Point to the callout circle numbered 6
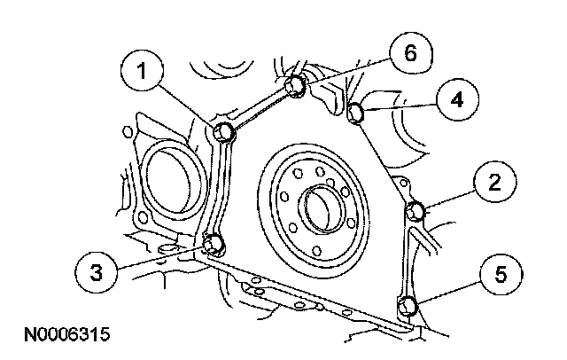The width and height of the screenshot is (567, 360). coord(408,54)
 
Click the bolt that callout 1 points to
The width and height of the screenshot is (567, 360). coord(225,133)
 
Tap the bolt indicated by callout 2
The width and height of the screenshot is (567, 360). coord(417,212)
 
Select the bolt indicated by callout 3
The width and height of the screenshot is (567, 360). coord(213,244)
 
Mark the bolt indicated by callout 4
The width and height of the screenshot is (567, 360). coord(356,113)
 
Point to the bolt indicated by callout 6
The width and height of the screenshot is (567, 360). coord(297,85)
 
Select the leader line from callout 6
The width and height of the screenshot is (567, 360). coord(346,72)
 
